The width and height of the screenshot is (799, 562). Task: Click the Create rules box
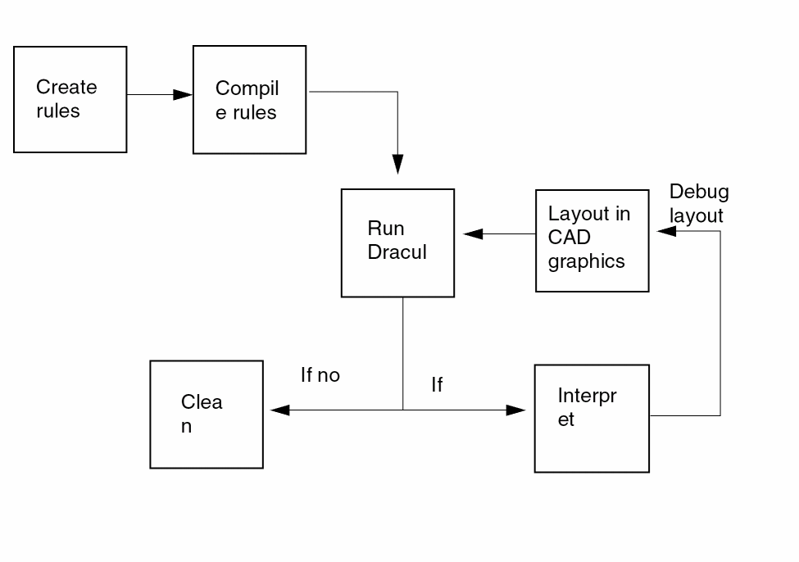70,99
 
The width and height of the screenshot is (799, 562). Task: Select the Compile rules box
249,100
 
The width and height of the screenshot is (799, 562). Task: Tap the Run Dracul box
397,242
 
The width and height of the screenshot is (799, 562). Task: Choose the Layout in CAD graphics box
592,240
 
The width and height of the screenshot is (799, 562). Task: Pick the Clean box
207,415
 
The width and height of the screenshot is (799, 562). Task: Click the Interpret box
592,418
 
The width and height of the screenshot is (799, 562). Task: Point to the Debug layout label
698,203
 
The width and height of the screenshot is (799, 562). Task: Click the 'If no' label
320,375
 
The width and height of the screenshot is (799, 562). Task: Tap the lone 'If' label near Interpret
437,384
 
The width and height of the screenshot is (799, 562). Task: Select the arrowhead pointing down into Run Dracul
398,164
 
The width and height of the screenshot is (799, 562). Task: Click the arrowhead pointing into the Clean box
279,410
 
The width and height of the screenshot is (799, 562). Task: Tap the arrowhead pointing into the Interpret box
516,410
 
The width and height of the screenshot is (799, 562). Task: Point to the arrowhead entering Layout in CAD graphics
666,231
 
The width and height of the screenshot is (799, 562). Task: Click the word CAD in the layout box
570,238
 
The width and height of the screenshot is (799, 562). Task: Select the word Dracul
397,252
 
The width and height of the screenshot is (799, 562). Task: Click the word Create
66,87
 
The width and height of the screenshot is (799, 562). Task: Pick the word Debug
698,192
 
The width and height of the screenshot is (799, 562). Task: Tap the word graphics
586,261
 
